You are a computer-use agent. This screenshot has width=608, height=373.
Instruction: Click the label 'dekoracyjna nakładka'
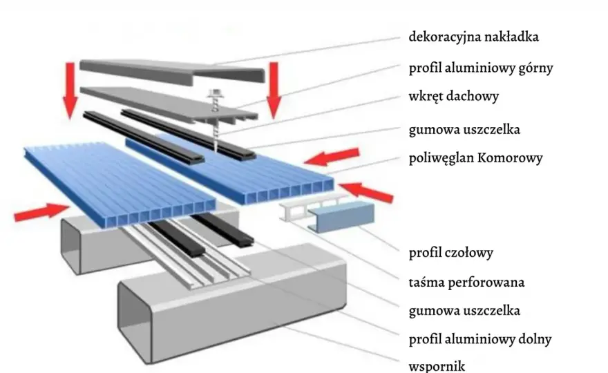tap(473, 37)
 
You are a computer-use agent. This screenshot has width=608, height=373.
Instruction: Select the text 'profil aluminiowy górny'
tap(481, 68)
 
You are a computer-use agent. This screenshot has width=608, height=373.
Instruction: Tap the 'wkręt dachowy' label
tap(454, 96)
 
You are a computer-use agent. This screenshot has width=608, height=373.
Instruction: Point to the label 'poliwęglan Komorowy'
tap(475, 158)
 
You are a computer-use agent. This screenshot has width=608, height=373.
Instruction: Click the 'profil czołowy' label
tap(451, 253)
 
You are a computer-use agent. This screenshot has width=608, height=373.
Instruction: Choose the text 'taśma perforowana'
tap(466, 283)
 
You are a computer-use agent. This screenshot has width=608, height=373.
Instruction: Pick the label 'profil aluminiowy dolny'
tap(480, 339)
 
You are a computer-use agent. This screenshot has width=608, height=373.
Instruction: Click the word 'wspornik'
tap(437, 366)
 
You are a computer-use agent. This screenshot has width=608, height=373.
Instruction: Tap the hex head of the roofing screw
tap(214, 93)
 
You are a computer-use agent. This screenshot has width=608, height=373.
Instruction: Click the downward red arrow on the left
tap(70, 90)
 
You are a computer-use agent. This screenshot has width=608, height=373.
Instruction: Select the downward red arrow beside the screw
tap(274, 90)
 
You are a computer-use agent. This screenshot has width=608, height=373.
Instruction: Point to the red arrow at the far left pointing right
tap(41, 211)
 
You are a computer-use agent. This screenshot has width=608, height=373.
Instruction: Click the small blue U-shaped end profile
tap(341, 216)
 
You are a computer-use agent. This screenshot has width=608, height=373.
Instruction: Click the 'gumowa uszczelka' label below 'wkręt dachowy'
tap(464, 129)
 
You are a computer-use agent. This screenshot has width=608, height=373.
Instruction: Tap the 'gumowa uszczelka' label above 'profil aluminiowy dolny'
tap(464, 311)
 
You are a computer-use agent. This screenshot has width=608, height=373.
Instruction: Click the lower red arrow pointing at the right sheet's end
tap(366, 192)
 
